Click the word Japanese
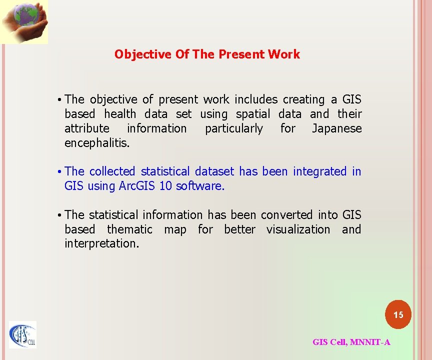tap(336, 129)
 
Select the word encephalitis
tap(97, 143)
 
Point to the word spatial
tap(252, 114)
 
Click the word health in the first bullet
tap(120, 114)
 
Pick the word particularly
tap(233, 129)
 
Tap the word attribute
tap(86, 129)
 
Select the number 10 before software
tap(165, 186)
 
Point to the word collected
tap(112, 172)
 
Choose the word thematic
tap(129, 230)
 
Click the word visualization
tap(298, 230)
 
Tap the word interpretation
tap(101, 244)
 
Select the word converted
tap(286, 215)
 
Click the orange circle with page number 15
tap(398, 315)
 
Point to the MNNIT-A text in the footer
tap(370, 342)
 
